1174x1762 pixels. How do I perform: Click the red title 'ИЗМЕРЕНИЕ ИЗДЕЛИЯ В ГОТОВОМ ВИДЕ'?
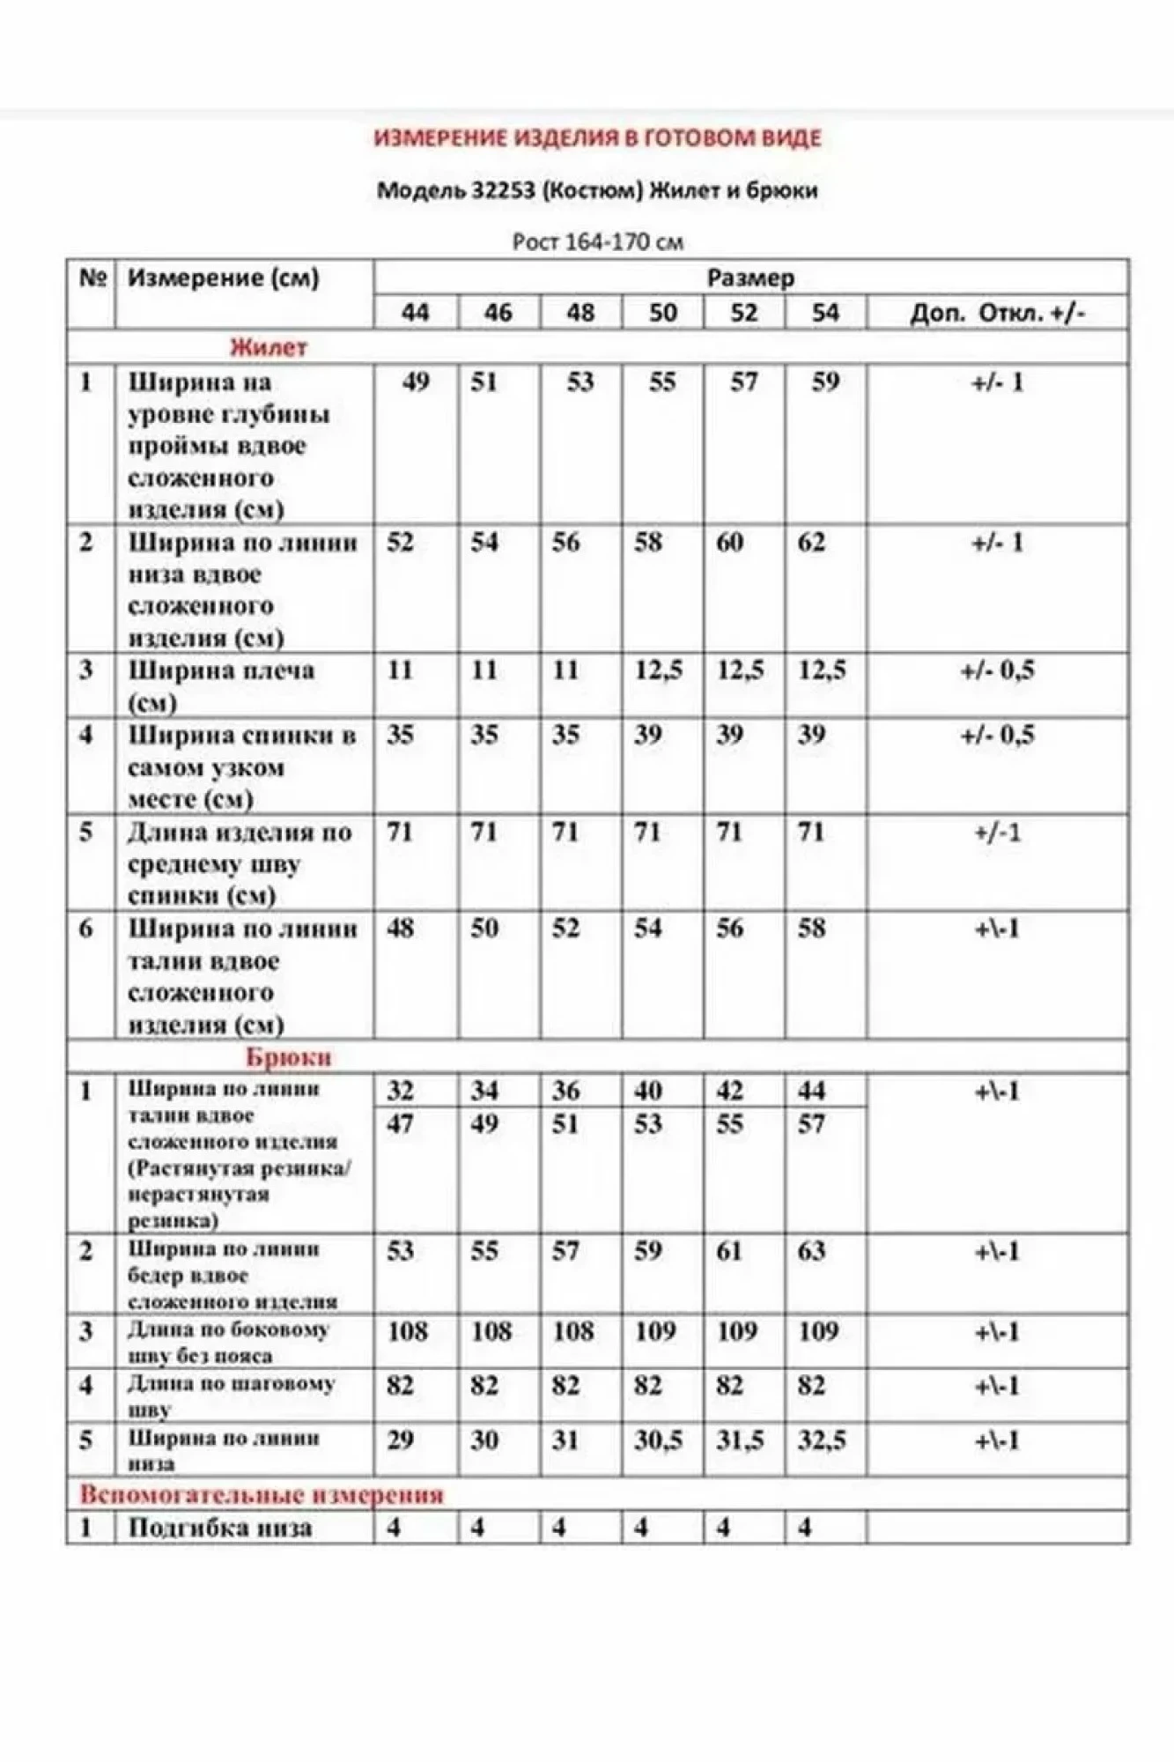(x=597, y=138)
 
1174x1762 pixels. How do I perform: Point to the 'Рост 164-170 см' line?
(x=597, y=241)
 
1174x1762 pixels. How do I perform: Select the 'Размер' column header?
(x=750, y=278)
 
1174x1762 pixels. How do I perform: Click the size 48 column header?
(x=580, y=313)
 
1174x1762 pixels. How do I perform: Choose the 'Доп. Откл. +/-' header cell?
(x=997, y=313)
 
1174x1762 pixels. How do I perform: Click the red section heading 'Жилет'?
(x=268, y=347)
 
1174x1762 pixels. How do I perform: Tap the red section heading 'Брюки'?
(x=289, y=1057)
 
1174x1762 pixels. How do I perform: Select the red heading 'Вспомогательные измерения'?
(x=262, y=1495)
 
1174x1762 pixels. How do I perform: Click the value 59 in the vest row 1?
(x=824, y=382)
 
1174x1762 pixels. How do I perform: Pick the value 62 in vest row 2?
(x=811, y=542)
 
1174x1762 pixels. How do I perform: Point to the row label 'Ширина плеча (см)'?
(x=220, y=685)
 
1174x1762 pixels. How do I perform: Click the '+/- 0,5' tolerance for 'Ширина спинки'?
(x=997, y=736)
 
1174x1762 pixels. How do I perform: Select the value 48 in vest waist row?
(x=400, y=929)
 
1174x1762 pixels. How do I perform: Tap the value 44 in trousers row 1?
(x=811, y=1091)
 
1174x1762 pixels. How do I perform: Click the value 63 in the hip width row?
(x=811, y=1251)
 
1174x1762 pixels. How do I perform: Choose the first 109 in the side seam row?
(x=654, y=1331)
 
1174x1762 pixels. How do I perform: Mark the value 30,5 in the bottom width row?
(x=658, y=1440)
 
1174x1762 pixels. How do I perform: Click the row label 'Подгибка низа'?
(x=220, y=1528)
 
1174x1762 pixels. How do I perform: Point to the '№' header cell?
(x=92, y=278)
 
